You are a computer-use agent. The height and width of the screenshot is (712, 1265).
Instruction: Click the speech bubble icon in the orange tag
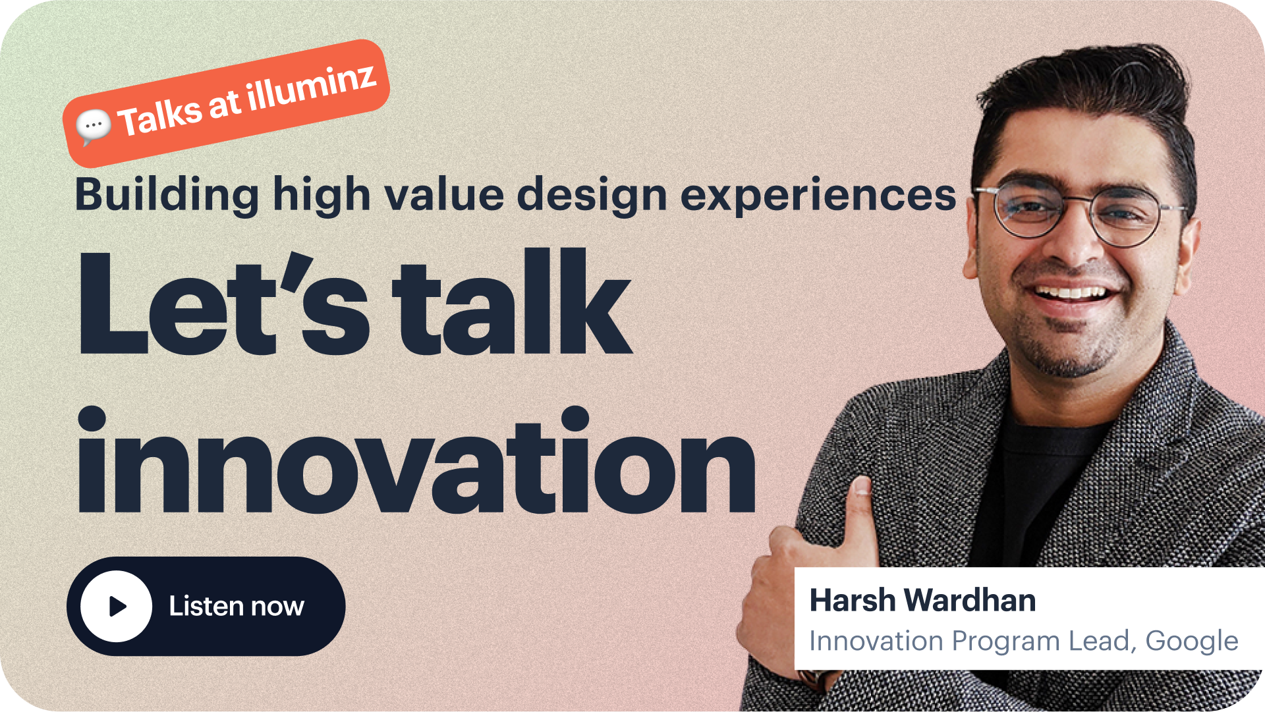[x=94, y=126]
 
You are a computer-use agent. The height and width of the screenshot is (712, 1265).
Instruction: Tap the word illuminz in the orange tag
[x=312, y=87]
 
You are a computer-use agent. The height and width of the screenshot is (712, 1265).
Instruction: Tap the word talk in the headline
[x=513, y=302]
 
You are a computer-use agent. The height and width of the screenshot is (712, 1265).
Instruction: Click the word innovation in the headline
[x=417, y=460]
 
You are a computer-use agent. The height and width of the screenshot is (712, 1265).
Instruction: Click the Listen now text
[x=237, y=606]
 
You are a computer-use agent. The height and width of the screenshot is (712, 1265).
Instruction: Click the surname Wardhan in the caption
[x=970, y=601]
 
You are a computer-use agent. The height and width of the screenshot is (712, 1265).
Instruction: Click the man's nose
[x=1073, y=240]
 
